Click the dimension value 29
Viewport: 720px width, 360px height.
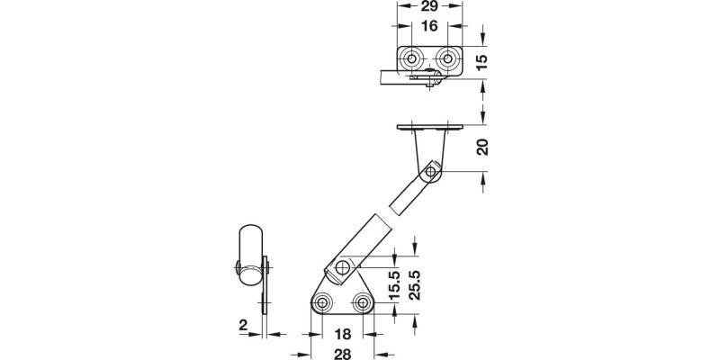pos(428,7)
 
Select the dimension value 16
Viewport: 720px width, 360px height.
pos(428,27)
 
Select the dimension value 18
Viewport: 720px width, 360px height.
pos(344,334)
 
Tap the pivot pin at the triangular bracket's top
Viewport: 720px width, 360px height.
pos(342,267)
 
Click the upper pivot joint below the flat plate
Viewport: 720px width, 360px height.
pos(432,171)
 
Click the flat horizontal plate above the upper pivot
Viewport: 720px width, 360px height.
pos(428,127)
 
